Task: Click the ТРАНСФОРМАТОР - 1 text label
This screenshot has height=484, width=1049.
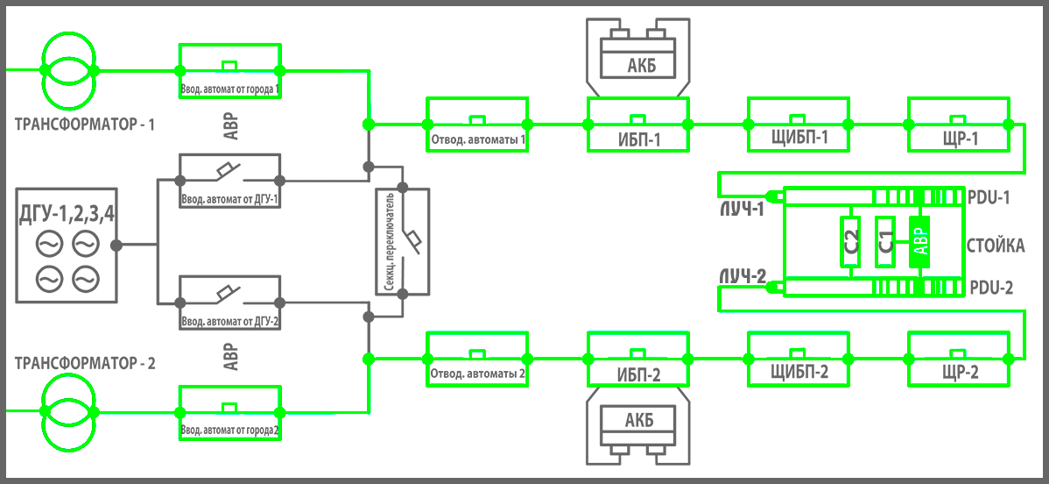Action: click(85, 125)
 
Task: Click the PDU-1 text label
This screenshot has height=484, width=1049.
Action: click(989, 198)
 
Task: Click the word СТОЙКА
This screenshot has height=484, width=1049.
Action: click(996, 246)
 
